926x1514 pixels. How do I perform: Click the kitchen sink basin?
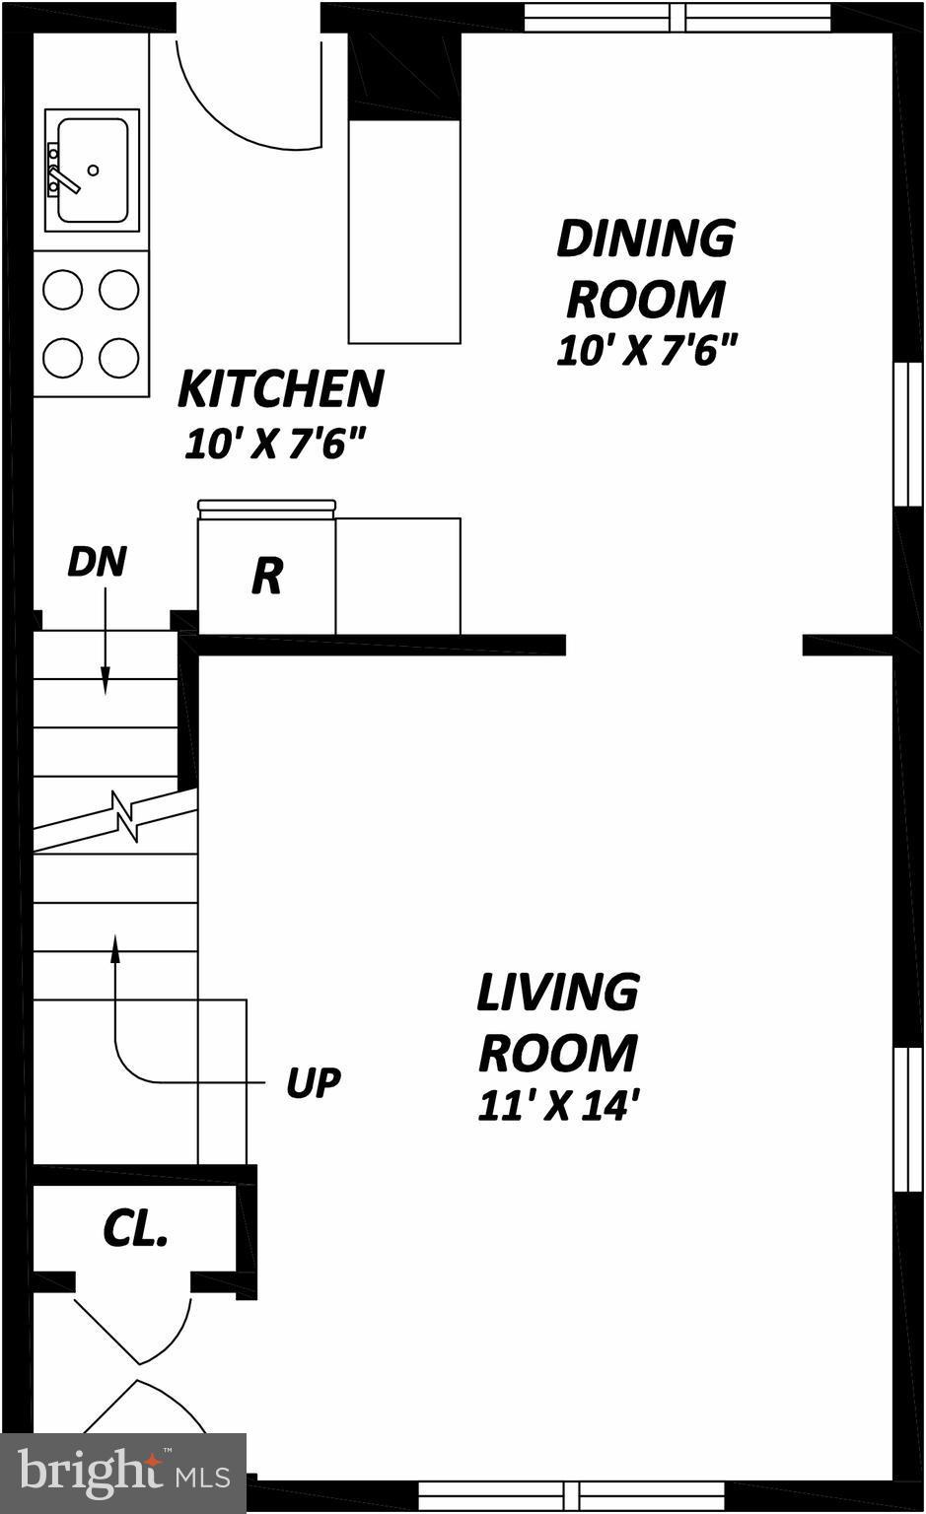pyautogui.click(x=92, y=170)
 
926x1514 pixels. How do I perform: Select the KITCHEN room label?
pyautogui.click(x=280, y=388)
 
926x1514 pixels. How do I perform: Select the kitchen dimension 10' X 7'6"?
pyautogui.click(x=275, y=445)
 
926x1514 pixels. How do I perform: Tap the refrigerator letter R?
pyautogui.click(x=266, y=576)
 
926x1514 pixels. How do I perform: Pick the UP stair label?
pyautogui.click(x=313, y=1082)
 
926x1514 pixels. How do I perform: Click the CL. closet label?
pyautogui.click(x=135, y=1228)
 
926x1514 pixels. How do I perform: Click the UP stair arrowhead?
pyautogui.click(x=115, y=947)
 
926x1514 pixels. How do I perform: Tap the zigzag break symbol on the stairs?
pyautogui.click(x=125, y=815)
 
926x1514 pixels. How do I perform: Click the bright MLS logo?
pyautogui.click(x=123, y=1473)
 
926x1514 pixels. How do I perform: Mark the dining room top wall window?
pyautogui.click(x=677, y=18)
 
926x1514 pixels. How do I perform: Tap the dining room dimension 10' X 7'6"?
pyautogui.click(x=646, y=351)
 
